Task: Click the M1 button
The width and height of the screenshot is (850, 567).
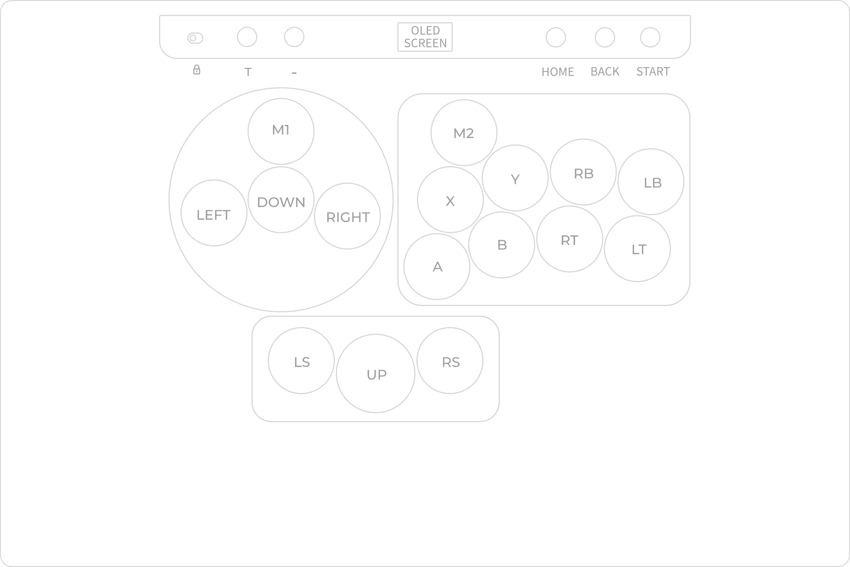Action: pyautogui.click(x=281, y=131)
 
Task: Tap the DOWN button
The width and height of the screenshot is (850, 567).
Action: pyautogui.click(x=281, y=200)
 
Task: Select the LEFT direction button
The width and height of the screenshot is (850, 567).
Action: pyautogui.click(x=214, y=213)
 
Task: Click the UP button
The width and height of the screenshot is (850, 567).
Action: pyautogui.click(x=376, y=374)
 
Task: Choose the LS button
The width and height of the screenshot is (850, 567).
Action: pyautogui.click(x=301, y=361)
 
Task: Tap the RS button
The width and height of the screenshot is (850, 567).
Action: pyautogui.click(x=450, y=361)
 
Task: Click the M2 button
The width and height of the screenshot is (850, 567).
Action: pyautogui.click(x=464, y=133)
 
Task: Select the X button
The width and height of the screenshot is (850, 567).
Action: pyautogui.click(x=450, y=200)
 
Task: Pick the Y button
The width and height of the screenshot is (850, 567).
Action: pyautogui.click(x=515, y=178)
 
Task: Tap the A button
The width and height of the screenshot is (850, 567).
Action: pyautogui.click(x=437, y=267)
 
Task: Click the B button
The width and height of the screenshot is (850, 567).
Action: pyautogui.click(x=502, y=245)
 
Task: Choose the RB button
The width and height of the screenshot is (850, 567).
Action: pyautogui.click(x=584, y=172)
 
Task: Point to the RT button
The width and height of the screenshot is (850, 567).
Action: pyautogui.click(x=570, y=239)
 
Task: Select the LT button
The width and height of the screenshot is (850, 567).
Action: pyautogui.click(x=638, y=249)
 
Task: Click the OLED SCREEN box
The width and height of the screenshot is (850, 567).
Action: pyautogui.click(x=425, y=37)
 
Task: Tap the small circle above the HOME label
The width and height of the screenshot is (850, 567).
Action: pyautogui.click(x=556, y=37)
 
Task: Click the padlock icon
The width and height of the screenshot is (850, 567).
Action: pyautogui.click(x=197, y=70)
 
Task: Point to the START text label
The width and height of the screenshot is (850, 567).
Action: pyautogui.click(x=653, y=72)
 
